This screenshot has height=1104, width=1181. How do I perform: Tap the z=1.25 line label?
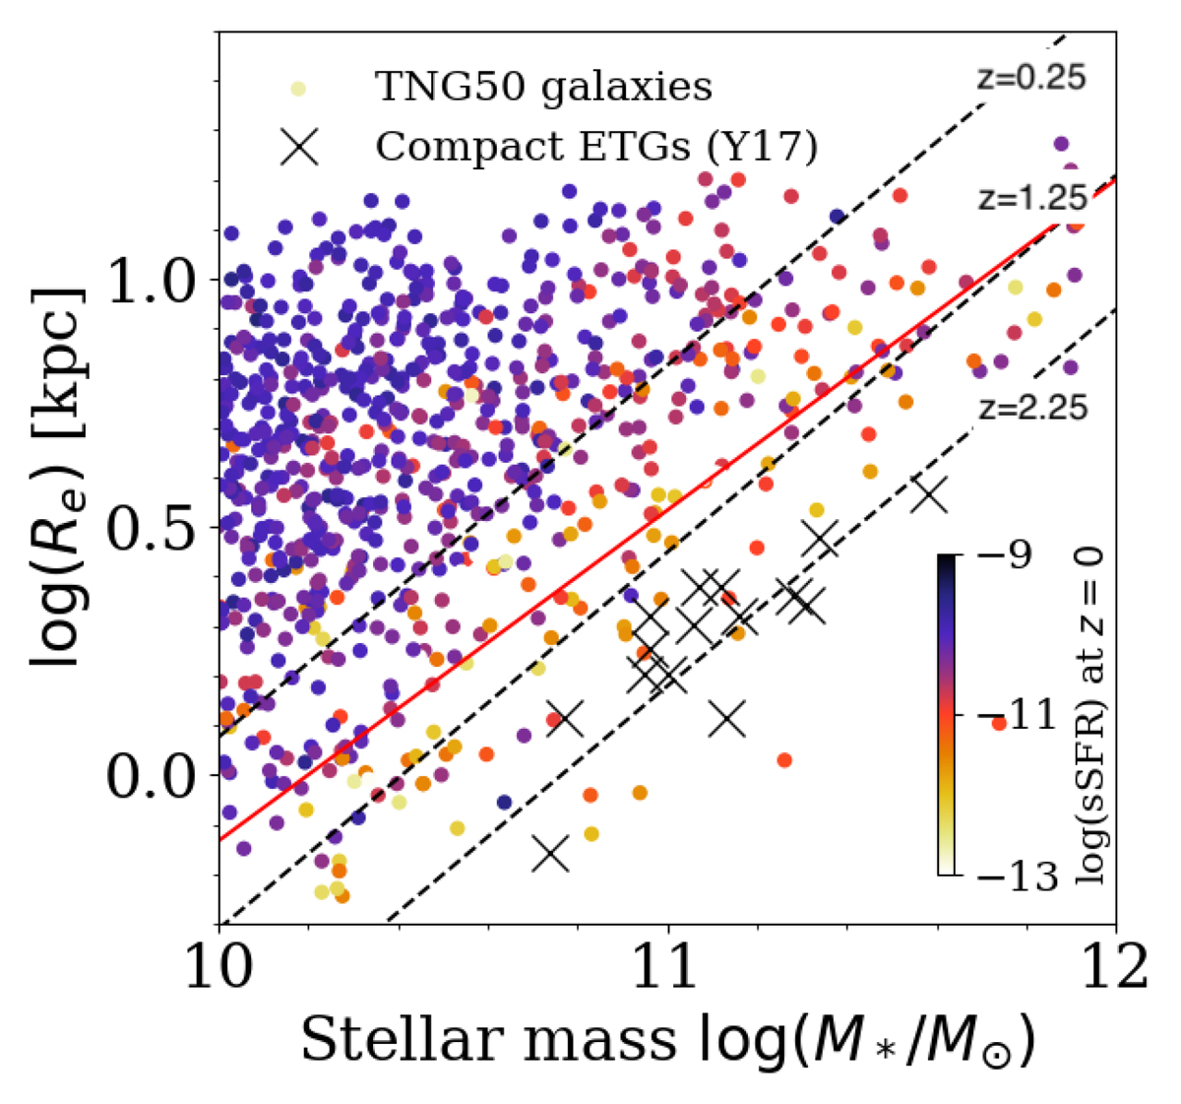pos(1031,198)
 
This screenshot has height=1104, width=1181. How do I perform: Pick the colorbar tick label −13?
pos(1011,876)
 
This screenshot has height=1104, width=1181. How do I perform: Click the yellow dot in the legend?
pos(298,89)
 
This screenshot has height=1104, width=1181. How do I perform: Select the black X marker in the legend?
pos(298,147)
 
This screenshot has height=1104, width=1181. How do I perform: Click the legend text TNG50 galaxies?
pos(543,88)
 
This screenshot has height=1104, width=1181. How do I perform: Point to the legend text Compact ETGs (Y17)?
pos(596,147)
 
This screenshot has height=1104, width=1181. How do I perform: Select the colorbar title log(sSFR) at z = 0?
pos(1088,716)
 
